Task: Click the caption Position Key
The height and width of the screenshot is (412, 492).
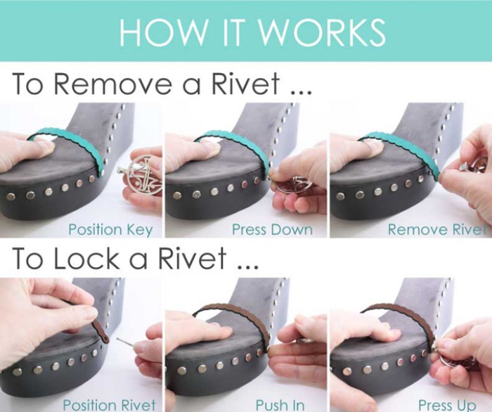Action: [x=110, y=229]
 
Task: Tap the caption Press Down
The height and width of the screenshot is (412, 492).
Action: [x=273, y=229]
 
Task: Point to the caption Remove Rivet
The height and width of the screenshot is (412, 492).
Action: [x=437, y=229]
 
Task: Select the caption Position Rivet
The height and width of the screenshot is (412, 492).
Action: [x=109, y=404]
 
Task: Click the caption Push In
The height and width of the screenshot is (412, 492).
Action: [x=280, y=404]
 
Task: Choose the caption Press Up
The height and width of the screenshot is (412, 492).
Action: [x=447, y=404]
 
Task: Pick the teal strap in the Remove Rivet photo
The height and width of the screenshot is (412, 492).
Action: [x=405, y=142]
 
